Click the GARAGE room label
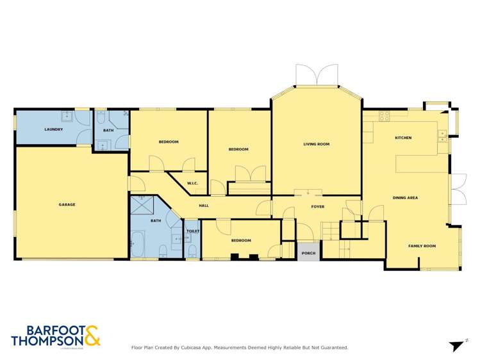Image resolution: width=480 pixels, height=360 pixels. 67,204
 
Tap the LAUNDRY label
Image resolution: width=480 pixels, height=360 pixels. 53,129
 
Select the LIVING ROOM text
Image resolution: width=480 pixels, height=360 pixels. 316,144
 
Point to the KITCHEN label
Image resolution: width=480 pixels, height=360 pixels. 403,138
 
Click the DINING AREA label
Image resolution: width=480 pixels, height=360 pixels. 405,198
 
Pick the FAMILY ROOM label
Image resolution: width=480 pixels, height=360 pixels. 422,246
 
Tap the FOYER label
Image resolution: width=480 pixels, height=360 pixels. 318,207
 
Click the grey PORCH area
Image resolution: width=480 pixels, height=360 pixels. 308,252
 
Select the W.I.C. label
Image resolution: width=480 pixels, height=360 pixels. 192,184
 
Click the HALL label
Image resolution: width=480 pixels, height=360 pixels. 204,206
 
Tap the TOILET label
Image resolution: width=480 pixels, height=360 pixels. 193,231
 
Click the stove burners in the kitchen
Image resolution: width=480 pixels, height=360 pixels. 385,117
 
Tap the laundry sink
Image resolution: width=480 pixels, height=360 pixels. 67,117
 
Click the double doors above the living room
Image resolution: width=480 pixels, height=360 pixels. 316,75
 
